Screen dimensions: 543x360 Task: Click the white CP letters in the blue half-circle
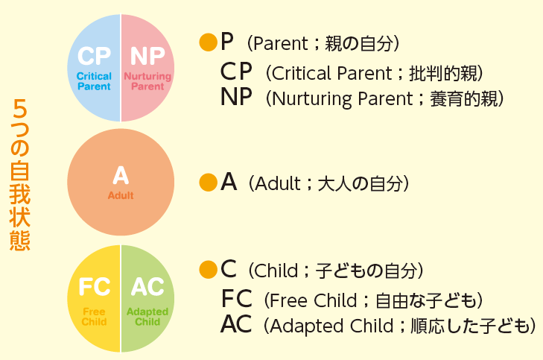(94, 56)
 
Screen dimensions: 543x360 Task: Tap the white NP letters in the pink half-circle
(147, 56)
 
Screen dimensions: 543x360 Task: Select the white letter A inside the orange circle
(121, 175)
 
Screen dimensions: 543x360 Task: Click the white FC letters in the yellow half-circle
(94, 286)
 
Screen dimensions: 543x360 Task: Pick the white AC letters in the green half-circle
(147, 286)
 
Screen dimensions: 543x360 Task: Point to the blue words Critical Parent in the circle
(94, 81)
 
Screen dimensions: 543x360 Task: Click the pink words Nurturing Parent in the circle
(147, 81)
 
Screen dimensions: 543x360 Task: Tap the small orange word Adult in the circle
(121, 195)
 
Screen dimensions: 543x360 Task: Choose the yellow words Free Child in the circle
(94, 317)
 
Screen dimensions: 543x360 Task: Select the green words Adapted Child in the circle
(147, 317)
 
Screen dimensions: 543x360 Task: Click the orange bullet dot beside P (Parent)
(209, 42)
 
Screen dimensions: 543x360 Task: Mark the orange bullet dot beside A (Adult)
(209, 183)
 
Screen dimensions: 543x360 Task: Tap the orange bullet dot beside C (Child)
(209, 270)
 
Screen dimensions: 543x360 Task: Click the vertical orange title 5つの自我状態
(20, 175)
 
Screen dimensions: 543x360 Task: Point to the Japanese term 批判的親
(442, 74)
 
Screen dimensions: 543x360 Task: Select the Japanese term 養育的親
(463, 98)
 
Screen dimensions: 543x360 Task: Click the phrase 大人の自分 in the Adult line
(361, 183)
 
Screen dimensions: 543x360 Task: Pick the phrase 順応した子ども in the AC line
(470, 326)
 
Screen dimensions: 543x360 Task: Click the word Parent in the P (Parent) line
(281, 44)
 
